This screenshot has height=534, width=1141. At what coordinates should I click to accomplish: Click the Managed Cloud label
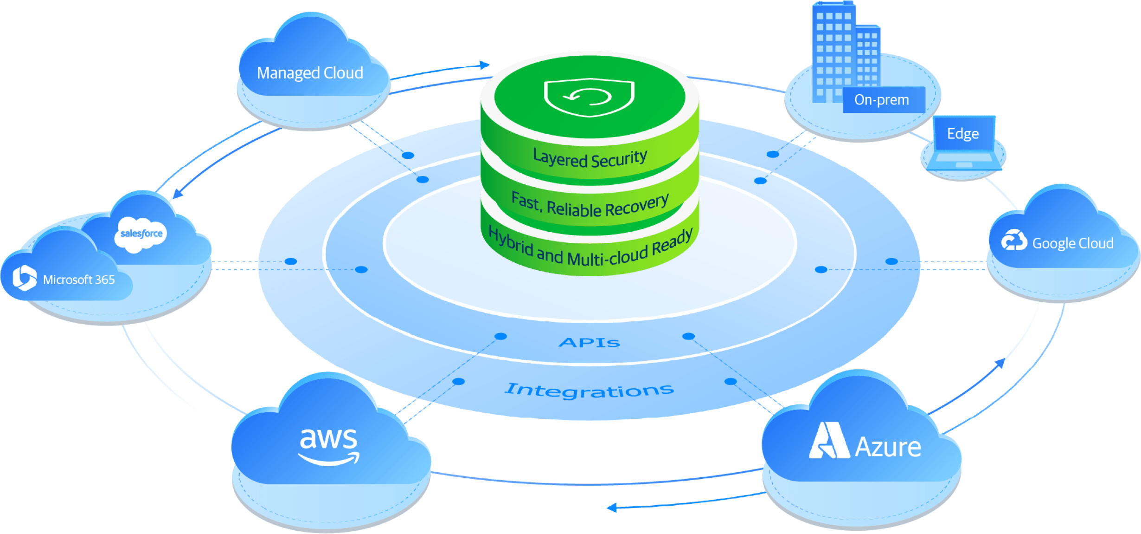pos(310,73)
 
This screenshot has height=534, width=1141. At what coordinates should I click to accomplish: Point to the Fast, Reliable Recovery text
pos(590,206)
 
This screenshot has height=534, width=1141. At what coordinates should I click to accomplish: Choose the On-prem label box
pos(883,100)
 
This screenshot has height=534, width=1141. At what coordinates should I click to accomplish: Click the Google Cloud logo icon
pos(1013,241)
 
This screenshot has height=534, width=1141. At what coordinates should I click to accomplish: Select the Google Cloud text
pos(1072,243)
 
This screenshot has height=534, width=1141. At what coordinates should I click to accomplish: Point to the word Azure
pos(888,447)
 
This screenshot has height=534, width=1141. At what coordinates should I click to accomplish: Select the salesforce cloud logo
pos(141,234)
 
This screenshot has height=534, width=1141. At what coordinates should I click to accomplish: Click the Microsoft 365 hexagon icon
pos(24,278)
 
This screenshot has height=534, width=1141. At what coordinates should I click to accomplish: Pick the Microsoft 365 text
pos(79,280)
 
